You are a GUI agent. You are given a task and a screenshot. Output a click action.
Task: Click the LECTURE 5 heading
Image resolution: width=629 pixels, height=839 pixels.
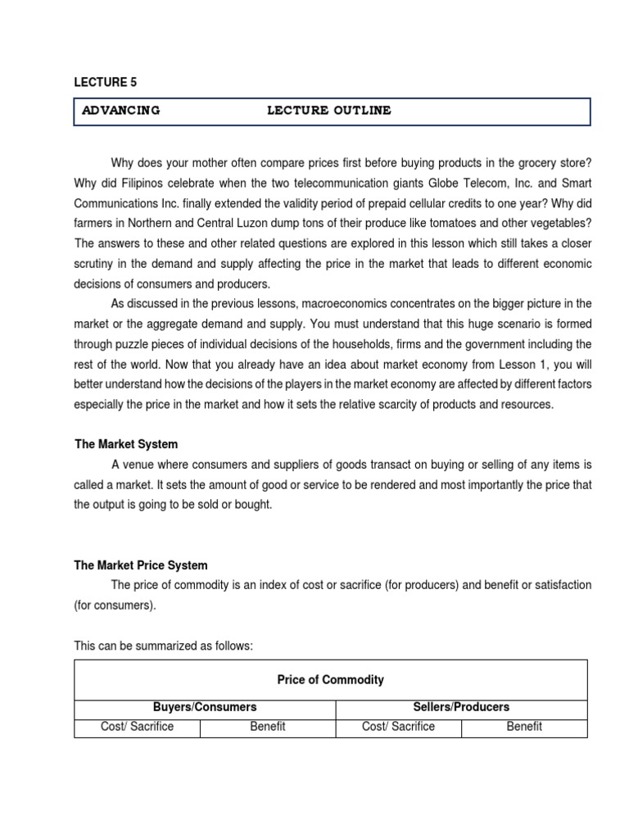click(100, 82)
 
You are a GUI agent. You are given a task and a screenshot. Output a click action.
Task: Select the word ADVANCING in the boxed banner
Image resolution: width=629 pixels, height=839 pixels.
click(120, 111)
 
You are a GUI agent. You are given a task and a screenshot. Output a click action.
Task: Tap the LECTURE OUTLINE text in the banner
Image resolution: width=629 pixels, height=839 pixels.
click(329, 111)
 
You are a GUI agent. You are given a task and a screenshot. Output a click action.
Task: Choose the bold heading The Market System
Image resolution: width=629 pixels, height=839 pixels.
click(125, 444)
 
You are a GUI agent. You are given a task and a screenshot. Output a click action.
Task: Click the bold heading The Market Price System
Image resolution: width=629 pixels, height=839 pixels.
click(141, 565)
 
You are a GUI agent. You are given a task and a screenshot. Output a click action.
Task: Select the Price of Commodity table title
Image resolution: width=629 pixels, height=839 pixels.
click(330, 680)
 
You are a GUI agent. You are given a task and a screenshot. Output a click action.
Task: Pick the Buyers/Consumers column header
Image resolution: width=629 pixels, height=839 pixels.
click(205, 706)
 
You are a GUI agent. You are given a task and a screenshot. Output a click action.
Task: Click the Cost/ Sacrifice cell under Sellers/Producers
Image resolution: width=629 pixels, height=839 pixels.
click(398, 727)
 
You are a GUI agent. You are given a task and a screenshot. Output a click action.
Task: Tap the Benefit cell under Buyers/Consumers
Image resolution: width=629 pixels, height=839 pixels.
click(268, 727)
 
